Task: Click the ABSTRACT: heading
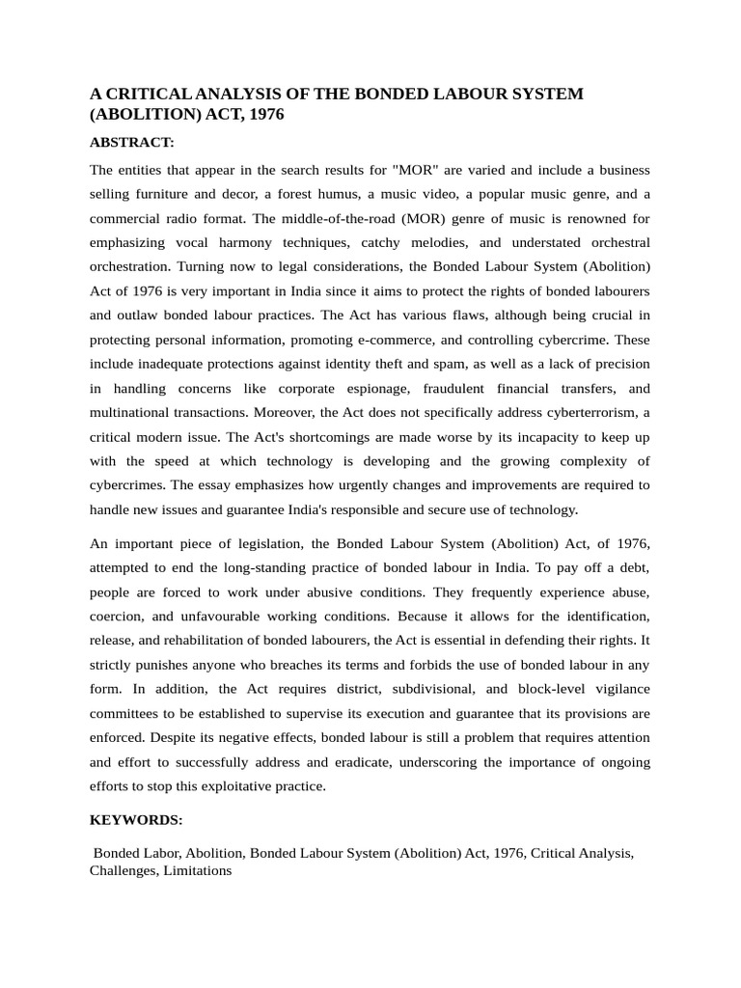tap(131, 142)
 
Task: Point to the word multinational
tap(130, 412)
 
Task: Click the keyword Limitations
tap(198, 870)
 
